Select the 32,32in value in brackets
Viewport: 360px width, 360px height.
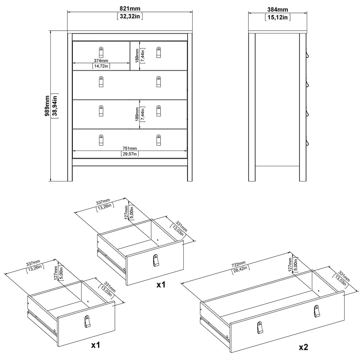pyautogui.click(x=130, y=17)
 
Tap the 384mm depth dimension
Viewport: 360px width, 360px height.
pyautogui.click(x=278, y=10)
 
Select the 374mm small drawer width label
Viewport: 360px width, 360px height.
pyautogui.click(x=101, y=60)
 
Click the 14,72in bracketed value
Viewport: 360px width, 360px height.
pyautogui.click(x=101, y=66)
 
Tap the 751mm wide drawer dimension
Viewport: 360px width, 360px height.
pyautogui.click(x=130, y=148)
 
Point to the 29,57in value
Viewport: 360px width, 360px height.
pyautogui.click(x=130, y=154)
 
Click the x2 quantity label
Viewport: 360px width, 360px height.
pyautogui.click(x=303, y=347)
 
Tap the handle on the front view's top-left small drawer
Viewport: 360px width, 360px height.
pyautogui.click(x=101, y=52)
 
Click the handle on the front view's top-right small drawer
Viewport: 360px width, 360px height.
pyautogui.click(x=159, y=52)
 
